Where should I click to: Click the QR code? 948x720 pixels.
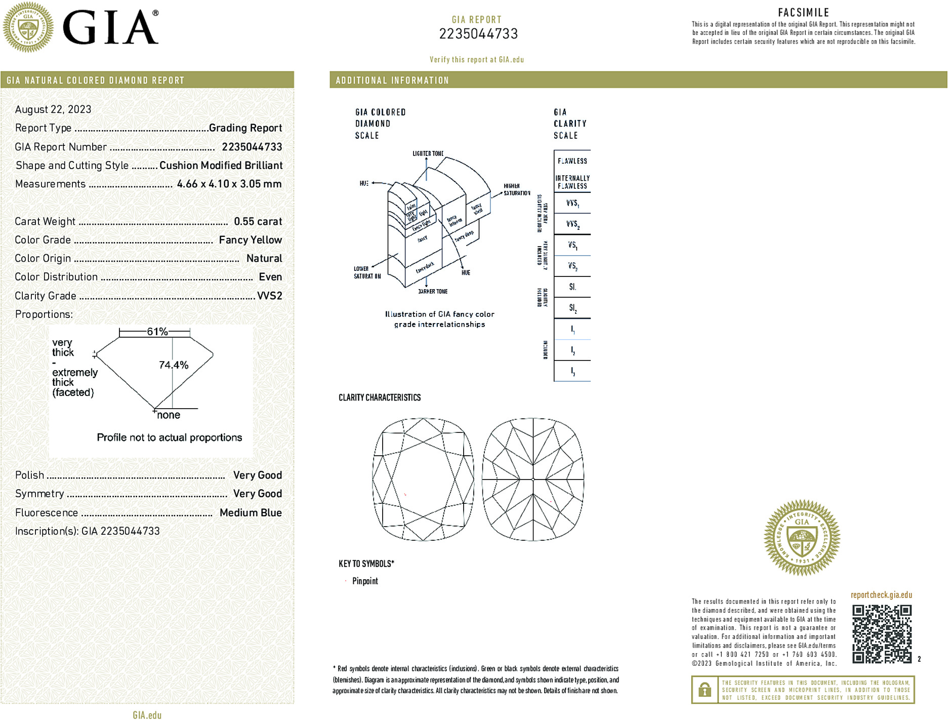point(881,633)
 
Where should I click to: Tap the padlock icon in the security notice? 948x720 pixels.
point(704,690)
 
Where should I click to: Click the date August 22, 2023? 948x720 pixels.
point(53,109)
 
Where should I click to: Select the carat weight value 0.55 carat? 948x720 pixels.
point(258,221)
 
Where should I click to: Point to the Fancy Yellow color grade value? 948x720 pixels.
point(250,240)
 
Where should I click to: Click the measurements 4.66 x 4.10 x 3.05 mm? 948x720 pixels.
point(229,184)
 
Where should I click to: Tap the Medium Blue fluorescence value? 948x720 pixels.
point(251,512)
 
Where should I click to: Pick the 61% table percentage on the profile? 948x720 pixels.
point(157,332)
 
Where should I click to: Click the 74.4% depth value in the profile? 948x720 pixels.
point(173,365)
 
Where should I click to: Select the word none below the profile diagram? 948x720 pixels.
point(169,415)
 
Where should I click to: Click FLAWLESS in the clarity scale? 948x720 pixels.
point(572,161)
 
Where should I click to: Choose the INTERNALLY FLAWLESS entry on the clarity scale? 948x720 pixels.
point(572,182)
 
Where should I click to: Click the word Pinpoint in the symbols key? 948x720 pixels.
point(365,581)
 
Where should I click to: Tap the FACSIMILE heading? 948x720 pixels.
point(803,13)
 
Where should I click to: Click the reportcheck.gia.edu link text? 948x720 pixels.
point(881,595)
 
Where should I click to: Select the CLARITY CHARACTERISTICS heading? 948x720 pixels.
point(380,397)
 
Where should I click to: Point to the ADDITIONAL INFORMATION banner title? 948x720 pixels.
point(392,81)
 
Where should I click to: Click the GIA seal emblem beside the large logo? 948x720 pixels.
point(28,27)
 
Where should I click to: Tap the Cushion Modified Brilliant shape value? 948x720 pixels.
point(221,166)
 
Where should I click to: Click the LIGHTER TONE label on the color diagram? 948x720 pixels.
point(428,153)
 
